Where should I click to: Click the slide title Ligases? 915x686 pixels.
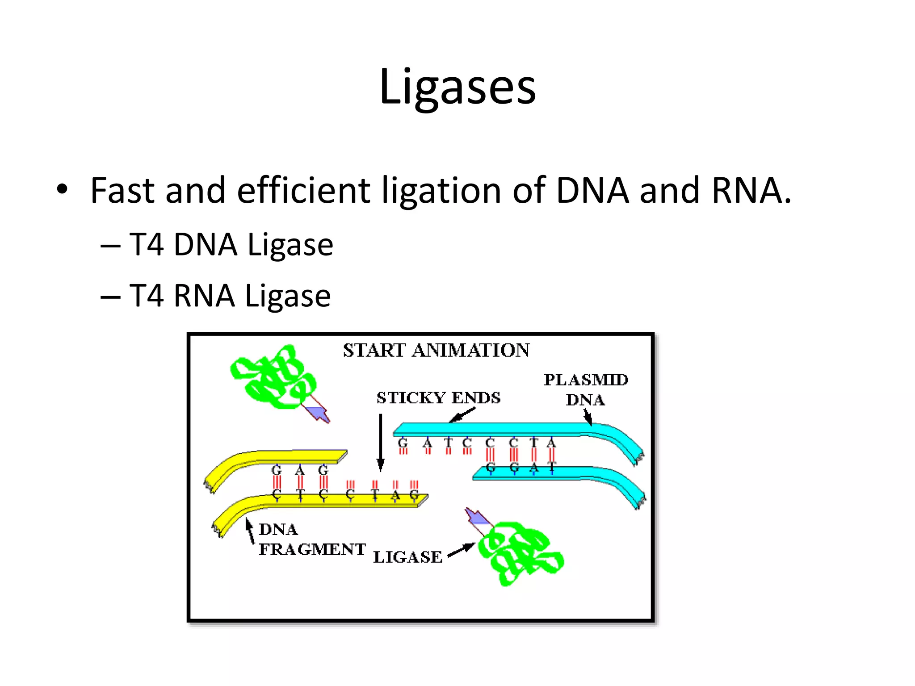tap(457, 87)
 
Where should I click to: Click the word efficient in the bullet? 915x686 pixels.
tap(303, 191)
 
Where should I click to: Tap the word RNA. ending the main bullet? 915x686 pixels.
tap(751, 191)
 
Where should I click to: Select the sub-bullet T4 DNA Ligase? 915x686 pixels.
tap(231, 245)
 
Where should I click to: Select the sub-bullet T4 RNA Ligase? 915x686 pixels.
tap(230, 296)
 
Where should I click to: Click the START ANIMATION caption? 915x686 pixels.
tap(436, 351)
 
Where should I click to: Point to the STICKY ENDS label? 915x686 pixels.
tap(438, 398)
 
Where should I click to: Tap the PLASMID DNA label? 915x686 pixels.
tap(586, 389)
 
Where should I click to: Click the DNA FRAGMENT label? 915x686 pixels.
tap(311, 540)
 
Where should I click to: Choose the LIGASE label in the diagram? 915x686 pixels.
tap(407, 557)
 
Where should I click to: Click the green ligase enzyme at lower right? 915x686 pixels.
tap(520, 553)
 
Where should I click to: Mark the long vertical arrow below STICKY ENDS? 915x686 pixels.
tap(381, 442)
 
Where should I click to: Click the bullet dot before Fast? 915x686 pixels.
tap(62, 189)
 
